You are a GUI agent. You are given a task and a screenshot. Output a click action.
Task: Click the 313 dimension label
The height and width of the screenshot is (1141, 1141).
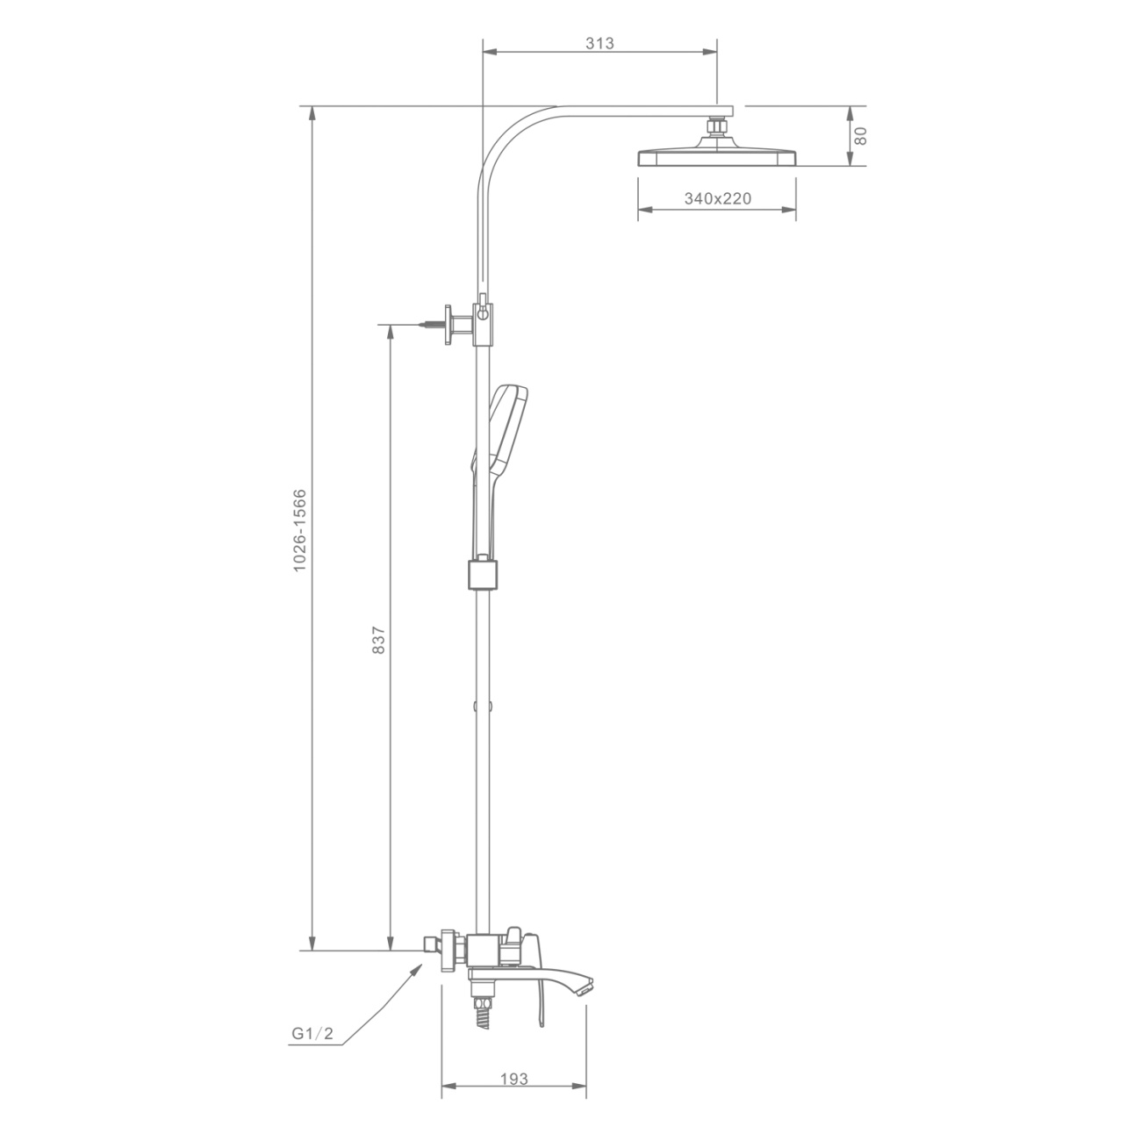599,43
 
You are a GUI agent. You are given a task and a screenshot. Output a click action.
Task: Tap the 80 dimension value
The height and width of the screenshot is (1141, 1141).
860,135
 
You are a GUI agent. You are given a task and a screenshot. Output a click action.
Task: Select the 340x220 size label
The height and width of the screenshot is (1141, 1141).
718,198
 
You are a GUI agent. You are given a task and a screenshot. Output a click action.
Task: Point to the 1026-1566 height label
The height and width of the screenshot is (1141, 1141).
300,530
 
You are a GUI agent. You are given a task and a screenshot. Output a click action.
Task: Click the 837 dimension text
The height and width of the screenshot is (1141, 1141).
378,640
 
